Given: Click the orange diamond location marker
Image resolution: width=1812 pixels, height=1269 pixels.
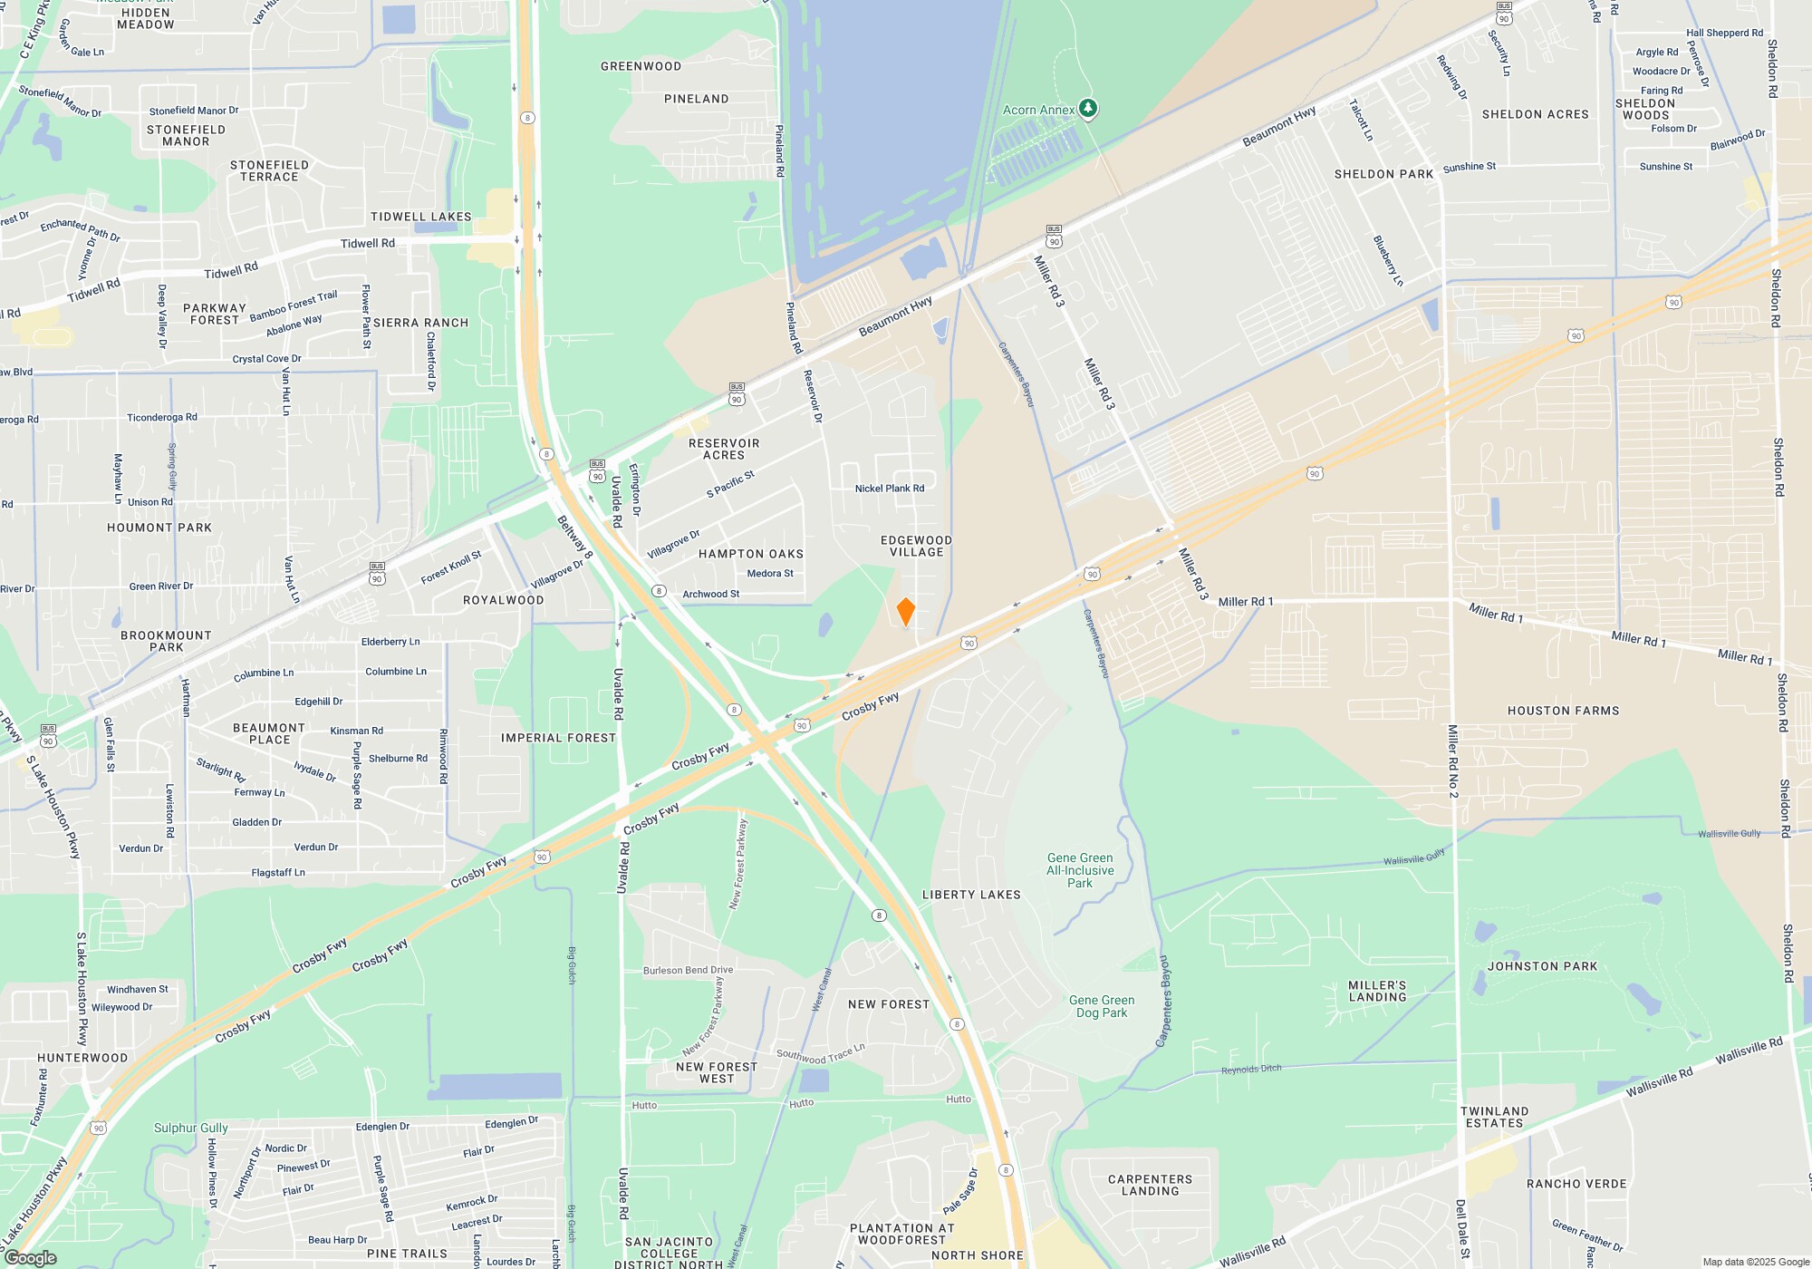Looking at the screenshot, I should (905, 612).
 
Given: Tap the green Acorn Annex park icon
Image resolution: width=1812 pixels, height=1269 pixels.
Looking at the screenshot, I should (1088, 109).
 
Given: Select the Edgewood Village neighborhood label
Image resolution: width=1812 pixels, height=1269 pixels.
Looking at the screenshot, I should (916, 546).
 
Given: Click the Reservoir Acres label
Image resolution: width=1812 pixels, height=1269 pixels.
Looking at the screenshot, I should (724, 449).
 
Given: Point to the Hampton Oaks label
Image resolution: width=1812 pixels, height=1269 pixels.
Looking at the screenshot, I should (751, 554).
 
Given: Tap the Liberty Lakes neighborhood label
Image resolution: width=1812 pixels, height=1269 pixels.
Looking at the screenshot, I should (971, 895).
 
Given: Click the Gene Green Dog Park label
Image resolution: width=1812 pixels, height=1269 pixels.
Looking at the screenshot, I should (1102, 1006).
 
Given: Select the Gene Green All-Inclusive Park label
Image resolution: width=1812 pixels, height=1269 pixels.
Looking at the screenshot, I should (1080, 870).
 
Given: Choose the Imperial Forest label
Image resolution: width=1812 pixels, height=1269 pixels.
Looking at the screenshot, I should (558, 738).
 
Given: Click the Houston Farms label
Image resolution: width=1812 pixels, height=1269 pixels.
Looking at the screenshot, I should (1563, 711).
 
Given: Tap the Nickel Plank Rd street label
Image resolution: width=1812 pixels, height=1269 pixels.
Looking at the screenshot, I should (890, 488).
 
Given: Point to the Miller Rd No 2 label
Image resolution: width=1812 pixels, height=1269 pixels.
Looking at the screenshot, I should (1452, 761).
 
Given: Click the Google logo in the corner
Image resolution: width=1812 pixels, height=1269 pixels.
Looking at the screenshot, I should (31, 1257).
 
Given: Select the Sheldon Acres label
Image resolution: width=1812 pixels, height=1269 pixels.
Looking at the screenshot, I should (1535, 114).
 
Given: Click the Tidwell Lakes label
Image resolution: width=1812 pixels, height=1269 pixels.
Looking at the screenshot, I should (420, 217).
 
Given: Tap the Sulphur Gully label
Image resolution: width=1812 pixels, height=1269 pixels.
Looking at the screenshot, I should (190, 1128).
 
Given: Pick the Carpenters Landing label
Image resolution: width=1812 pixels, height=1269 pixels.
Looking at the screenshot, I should (1150, 1185).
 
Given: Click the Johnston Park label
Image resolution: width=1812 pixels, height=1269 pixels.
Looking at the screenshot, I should (1542, 966).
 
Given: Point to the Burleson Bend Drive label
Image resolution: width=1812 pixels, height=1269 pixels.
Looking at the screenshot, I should (688, 970).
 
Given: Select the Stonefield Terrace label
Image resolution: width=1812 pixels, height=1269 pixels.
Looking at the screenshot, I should (269, 170).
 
